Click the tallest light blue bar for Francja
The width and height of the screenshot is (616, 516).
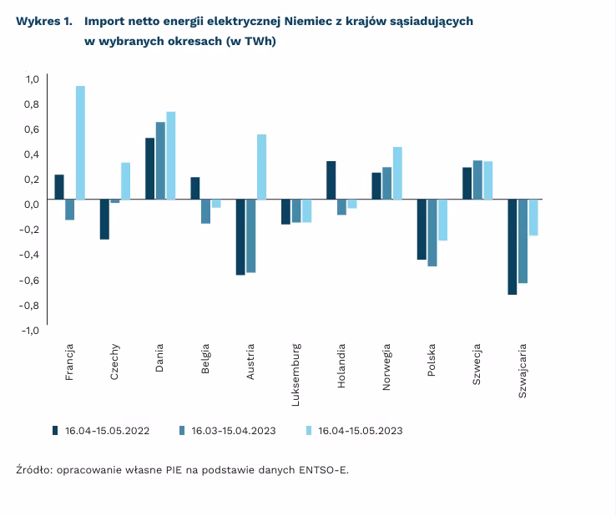80,143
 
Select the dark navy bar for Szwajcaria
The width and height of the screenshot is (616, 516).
512,247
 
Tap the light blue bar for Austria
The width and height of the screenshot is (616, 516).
261,167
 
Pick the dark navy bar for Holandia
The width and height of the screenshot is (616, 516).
331,180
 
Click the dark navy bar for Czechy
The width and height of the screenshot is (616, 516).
104,220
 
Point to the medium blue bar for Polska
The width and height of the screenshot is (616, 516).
432,233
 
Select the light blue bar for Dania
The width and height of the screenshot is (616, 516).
171,155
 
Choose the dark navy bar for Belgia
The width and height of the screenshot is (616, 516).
195,189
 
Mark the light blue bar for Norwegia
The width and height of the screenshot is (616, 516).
397,173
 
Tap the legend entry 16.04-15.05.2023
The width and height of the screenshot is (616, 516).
360,431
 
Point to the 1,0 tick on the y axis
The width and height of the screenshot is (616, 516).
32,79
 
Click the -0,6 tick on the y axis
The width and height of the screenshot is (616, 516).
30,281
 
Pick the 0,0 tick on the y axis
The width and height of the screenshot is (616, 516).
32,205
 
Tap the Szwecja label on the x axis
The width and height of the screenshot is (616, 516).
477,361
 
